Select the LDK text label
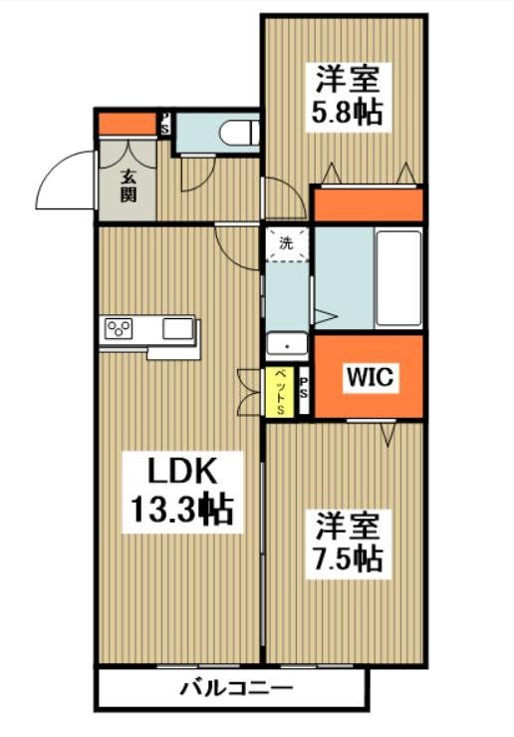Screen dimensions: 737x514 181,469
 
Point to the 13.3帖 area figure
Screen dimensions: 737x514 181,511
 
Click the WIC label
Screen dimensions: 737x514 372,378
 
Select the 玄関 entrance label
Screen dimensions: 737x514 128,186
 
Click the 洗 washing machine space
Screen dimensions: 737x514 288,243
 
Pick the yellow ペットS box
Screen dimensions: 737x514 281,391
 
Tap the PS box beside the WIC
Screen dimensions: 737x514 303,391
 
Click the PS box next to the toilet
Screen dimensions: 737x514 165,125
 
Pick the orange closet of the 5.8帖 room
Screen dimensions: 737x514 368,205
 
